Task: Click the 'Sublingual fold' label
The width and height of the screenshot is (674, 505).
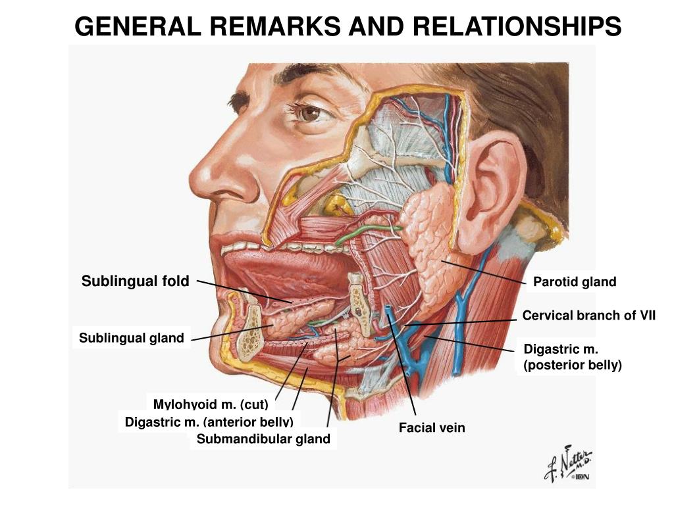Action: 136,281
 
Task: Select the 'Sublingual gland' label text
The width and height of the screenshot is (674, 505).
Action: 132,338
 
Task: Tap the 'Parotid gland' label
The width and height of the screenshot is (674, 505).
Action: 575,281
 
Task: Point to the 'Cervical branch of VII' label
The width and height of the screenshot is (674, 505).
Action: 589,316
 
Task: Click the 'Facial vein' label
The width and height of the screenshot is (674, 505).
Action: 432,427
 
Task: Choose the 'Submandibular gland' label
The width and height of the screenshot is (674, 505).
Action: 263,439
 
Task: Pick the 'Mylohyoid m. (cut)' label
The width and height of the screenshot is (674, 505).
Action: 211,404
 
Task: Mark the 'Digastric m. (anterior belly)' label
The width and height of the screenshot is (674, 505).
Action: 209,421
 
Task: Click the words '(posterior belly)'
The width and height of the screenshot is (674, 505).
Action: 573,365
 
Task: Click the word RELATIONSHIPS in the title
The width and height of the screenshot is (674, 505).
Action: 517,26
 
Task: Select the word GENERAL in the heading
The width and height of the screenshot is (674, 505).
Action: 138,26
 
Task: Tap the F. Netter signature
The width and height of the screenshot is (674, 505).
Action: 568,464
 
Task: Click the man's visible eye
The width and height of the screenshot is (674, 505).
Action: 311,113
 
